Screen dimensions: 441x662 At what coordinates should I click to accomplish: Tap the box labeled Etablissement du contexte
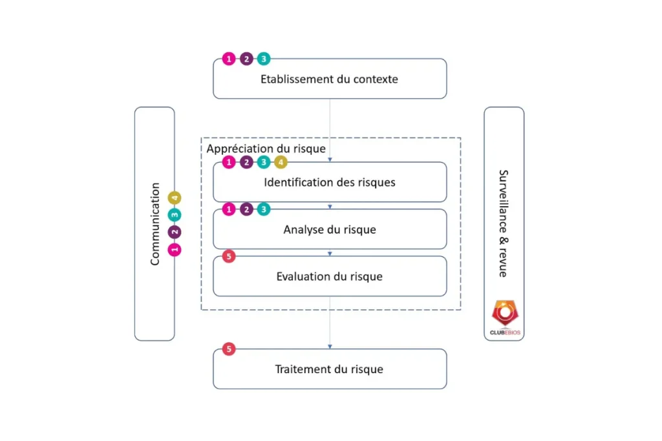[x=330, y=79]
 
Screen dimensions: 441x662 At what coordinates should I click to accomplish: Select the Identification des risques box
[x=330, y=183]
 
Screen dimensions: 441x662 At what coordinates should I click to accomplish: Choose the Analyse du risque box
[x=330, y=230]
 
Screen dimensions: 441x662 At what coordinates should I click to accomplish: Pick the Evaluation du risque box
[x=330, y=277]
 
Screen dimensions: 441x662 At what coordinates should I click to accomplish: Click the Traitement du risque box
[x=330, y=370]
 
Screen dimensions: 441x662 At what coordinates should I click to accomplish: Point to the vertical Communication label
[x=155, y=224]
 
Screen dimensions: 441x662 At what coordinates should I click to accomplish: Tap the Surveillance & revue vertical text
[x=503, y=223]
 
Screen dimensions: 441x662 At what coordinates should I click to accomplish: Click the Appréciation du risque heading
[x=266, y=149]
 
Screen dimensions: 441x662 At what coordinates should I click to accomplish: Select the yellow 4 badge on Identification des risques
[x=281, y=163]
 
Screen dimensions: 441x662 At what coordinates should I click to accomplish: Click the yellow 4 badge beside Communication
[x=175, y=198]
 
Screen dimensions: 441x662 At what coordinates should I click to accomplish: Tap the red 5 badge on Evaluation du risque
[x=228, y=256]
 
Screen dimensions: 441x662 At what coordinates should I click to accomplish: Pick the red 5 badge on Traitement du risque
[x=228, y=349]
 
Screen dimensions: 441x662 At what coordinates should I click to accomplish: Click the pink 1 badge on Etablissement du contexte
[x=228, y=59]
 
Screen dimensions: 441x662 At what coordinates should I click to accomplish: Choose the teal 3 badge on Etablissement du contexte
[x=263, y=59]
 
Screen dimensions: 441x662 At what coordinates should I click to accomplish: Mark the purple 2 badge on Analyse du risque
[x=246, y=209]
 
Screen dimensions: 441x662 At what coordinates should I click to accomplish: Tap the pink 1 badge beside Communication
[x=175, y=249]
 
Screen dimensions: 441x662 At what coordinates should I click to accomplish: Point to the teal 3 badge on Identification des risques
[x=263, y=163]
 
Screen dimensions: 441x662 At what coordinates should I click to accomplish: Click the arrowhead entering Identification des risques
[x=330, y=159]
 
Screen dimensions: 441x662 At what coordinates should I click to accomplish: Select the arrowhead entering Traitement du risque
[x=330, y=347]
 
